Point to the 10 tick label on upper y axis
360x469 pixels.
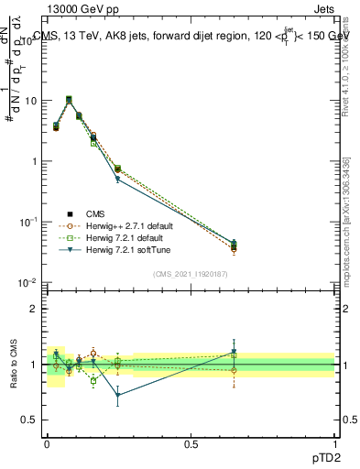(x=29, y=101)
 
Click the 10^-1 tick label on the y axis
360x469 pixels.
(x=27, y=223)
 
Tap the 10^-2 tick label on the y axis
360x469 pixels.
(x=27, y=283)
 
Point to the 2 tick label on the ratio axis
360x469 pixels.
(x=34, y=309)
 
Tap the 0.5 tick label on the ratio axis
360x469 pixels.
(x=29, y=420)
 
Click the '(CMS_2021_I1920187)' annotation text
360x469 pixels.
(x=190, y=273)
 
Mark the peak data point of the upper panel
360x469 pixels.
(x=69, y=100)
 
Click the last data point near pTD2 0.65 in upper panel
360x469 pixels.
(x=234, y=245)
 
